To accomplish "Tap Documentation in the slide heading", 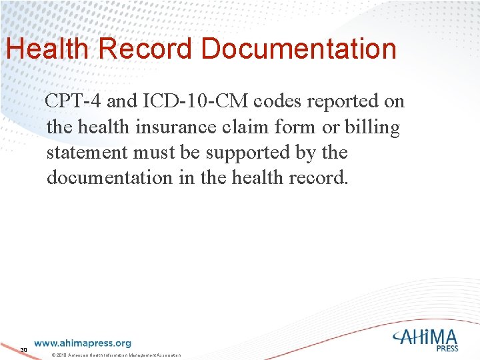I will [299, 49].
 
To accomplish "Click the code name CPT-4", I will [73, 101].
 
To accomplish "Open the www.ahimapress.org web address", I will [83, 343].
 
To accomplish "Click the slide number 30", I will [23, 349].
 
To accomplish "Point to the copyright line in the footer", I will [116, 353].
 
